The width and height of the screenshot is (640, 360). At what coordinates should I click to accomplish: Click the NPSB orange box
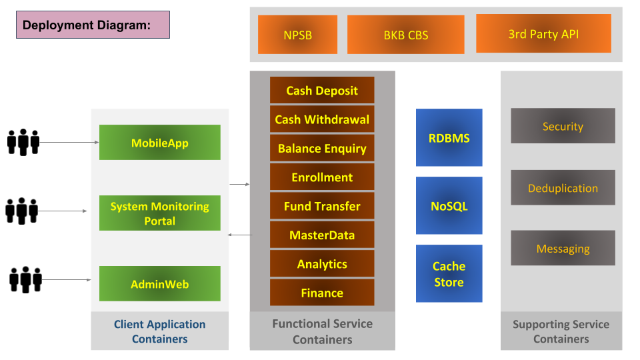pos(297,35)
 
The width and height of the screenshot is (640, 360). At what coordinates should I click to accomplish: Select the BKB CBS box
pos(406,35)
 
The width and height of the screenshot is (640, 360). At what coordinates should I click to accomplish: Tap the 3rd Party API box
pos(544,33)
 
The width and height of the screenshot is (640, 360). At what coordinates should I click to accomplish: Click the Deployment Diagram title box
pos(93,25)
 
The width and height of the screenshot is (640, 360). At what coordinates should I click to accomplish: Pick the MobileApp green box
pos(160,143)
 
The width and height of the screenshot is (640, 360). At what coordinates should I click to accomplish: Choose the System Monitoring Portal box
pos(160,213)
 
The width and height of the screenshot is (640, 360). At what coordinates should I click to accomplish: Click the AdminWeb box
pos(160,284)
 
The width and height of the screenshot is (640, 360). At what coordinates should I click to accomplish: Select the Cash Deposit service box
pos(322,90)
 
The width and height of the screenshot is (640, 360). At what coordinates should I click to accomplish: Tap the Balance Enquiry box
pos(322,148)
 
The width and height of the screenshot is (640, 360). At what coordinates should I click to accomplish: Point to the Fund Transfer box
pos(322,206)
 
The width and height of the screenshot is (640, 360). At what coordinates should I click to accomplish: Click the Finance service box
pos(322,293)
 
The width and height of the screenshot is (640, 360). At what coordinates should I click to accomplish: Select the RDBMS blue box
pos(449,137)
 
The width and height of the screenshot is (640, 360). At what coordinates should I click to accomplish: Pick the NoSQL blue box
pos(449,206)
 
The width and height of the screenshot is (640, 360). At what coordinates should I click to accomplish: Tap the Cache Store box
pos(449,273)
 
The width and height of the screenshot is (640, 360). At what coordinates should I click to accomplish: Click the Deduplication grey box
pos(563,188)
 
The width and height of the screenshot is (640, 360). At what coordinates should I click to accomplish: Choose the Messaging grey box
pos(563,248)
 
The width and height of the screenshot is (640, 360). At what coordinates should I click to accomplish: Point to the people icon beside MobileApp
pos(23,142)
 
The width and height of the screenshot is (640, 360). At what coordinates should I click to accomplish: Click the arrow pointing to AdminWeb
pos(67,280)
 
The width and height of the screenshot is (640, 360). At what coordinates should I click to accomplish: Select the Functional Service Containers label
pos(323,331)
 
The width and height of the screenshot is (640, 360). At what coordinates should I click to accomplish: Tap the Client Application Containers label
pos(159,331)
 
